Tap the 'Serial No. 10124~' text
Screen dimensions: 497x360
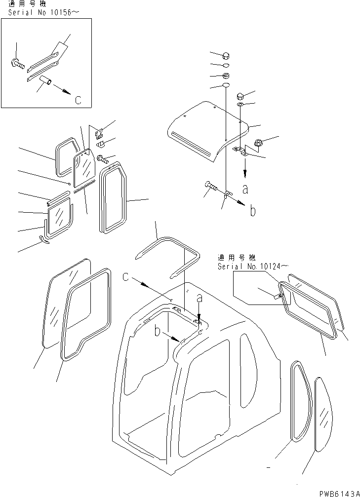point(249,267)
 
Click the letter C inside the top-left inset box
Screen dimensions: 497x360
point(78,100)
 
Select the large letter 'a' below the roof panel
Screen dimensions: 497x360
point(245,188)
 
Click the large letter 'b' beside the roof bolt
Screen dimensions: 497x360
point(252,211)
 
